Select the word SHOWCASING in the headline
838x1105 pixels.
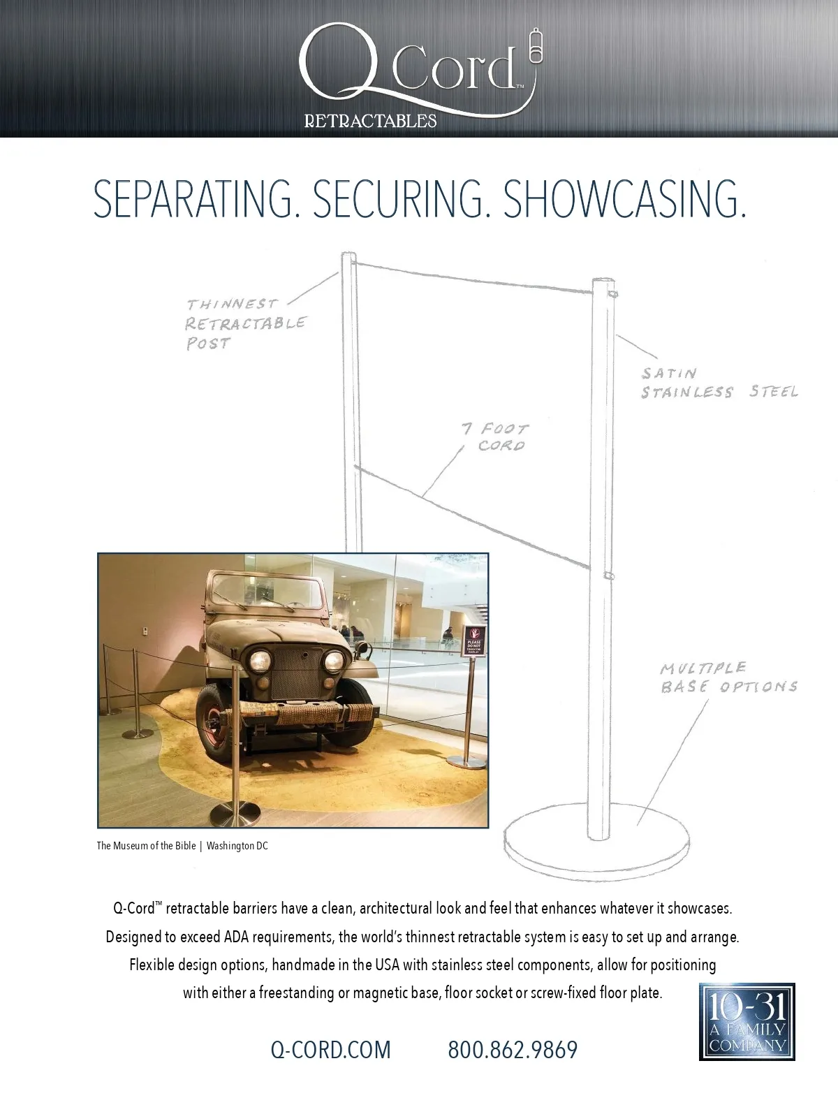[x=624, y=200]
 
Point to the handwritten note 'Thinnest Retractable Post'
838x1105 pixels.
[x=244, y=323]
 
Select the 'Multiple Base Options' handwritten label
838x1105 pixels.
[x=728, y=678]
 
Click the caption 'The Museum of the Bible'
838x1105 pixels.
[x=145, y=846]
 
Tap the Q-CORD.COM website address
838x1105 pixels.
[x=330, y=1049]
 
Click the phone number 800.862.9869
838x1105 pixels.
[x=513, y=1049]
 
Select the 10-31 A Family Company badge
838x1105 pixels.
[x=747, y=1021]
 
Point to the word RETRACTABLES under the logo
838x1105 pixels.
[x=370, y=122]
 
